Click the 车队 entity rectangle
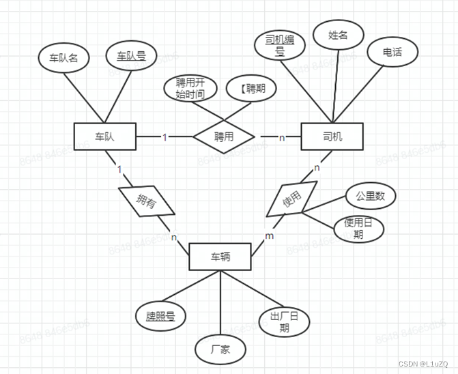click(104, 136)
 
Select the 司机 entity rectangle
click(332, 136)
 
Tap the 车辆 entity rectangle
click(220, 257)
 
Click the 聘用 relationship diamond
click(224, 136)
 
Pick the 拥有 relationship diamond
click(145, 201)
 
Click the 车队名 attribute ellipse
click(64, 57)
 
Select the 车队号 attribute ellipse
click(131, 56)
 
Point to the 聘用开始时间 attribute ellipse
click(190, 89)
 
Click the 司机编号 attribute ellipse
click(279, 45)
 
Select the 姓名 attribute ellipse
click(339, 35)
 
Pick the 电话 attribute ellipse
click(392, 52)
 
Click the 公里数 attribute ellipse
click(371, 196)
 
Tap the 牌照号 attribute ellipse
click(162, 316)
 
